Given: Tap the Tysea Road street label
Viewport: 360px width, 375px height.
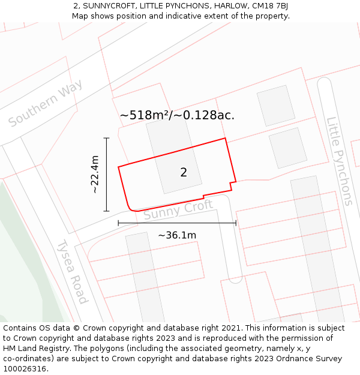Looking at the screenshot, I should pos(73,271).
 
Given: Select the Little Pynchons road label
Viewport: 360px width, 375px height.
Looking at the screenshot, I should pos(340,161).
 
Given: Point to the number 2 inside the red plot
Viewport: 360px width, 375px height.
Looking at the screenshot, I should pos(184,173).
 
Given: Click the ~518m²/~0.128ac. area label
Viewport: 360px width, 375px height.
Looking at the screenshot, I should pos(177,115).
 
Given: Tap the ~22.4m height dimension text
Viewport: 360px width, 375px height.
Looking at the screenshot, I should pos(94,175).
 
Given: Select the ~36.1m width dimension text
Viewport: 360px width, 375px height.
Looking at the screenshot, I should pos(177,235).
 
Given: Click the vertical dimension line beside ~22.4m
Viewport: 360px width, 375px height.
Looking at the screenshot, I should pos(107,175).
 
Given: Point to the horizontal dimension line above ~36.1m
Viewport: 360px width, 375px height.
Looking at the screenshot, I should pos(177,223).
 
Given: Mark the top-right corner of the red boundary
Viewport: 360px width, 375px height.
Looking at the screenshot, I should pos(225,139).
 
